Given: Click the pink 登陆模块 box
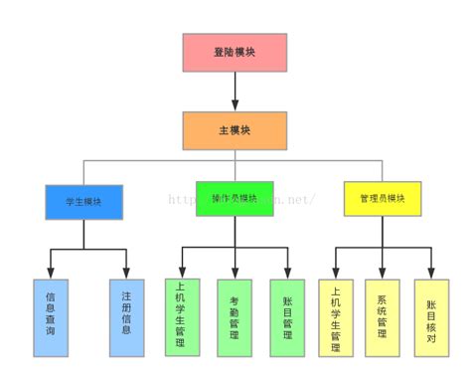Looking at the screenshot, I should point(235,53).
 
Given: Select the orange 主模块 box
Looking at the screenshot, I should point(235,130).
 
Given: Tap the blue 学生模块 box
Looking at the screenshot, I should point(83,201).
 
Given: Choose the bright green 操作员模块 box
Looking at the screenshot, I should point(235,198).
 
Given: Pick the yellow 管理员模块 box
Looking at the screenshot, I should point(383,198).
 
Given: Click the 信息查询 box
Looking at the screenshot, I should point(51,317).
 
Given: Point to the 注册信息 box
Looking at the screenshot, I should point(127,317).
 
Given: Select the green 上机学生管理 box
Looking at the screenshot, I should point(180,317).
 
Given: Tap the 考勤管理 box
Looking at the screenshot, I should point(235,317).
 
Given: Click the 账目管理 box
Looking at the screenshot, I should point(287,317).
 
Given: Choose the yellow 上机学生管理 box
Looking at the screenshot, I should point(336,317).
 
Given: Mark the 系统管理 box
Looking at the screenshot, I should point(383,317).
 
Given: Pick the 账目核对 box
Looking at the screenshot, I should point(431,317).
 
